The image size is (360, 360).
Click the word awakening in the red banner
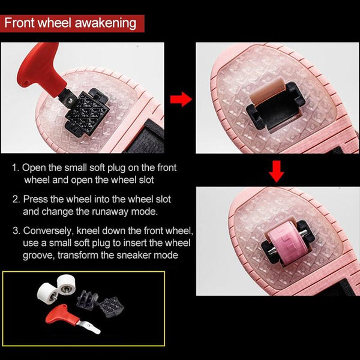tap(106, 23)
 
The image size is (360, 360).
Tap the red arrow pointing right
tap(181, 100)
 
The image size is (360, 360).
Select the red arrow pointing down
tap(277, 171)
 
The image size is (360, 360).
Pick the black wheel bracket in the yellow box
tap(87, 299)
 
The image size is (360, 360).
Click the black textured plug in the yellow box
tap(111, 307)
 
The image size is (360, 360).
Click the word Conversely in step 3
tap(49, 231)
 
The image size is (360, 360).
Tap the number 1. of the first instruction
tap(16, 167)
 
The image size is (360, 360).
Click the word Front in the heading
tap(20, 23)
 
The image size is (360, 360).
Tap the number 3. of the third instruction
tap(16, 231)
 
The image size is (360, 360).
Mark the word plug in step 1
tap(116, 168)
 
